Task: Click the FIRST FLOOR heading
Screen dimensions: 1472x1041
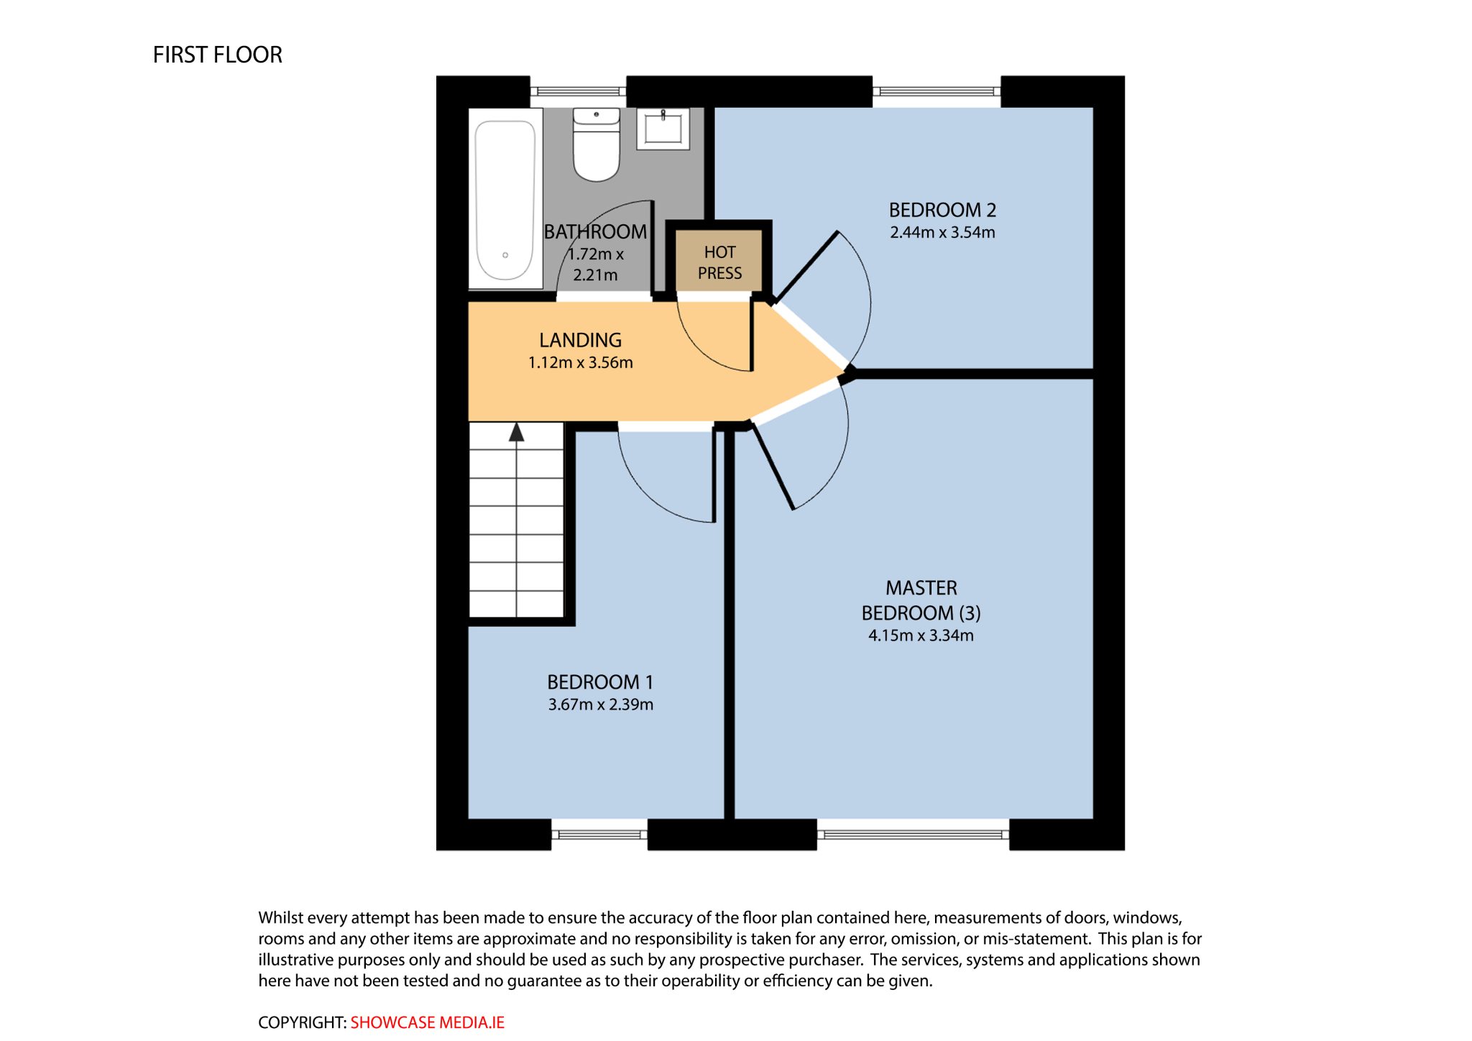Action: [217, 55]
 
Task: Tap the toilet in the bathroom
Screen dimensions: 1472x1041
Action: [596, 144]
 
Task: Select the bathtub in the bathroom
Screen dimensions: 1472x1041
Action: [505, 198]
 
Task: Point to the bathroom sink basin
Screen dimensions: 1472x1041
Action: [663, 129]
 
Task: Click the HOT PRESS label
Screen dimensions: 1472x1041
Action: [719, 262]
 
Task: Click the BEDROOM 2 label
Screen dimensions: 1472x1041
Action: [942, 210]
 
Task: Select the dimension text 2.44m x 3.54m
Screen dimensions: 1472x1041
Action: [942, 232]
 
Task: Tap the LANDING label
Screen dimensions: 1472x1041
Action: [580, 340]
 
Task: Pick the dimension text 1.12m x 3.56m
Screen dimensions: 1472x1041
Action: [580, 362]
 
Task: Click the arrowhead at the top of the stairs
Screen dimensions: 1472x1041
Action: [516, 432]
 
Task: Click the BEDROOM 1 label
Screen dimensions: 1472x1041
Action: [600, 682]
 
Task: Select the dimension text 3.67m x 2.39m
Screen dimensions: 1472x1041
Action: [600, 705]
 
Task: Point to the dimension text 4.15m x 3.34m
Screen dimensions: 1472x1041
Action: [921, 636]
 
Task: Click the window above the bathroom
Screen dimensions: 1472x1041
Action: [578, 91]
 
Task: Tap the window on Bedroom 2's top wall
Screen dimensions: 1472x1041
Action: [937, 91]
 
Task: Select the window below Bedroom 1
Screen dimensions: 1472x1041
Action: [599, 835]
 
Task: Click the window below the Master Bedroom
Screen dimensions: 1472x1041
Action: [913, 835]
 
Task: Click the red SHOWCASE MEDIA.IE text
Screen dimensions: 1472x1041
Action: [427, 1022]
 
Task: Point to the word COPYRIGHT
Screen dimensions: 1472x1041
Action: [302, 1022]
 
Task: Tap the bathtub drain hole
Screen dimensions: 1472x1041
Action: [505, 255]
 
